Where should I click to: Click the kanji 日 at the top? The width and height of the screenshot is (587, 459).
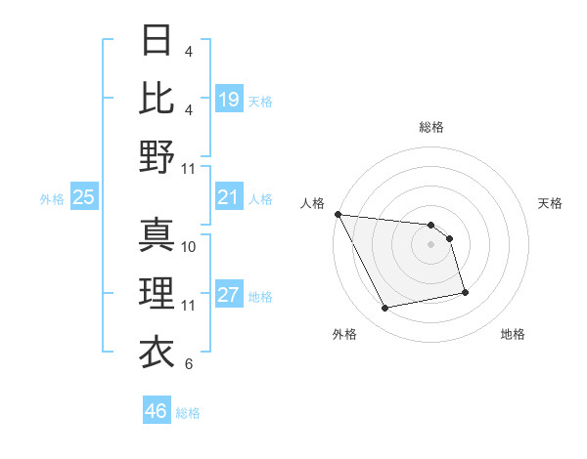click(x=157, y=40)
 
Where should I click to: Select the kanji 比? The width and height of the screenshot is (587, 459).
click(x=157, y=98)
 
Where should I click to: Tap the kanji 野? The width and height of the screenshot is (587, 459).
click(x=157, y=156)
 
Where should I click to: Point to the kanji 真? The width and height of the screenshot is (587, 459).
click(x=157, y=235)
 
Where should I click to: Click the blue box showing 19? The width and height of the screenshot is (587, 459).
click(x=228, y=99)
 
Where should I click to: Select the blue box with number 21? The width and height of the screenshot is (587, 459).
click(x=228, y=197)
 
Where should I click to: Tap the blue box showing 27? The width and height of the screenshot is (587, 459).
click(x=228, y=295)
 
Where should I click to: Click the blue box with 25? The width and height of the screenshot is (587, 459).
click(x=83, y=197)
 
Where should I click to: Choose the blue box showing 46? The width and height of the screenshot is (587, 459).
click(x=156, y=411)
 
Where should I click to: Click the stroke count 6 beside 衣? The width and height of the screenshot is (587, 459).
click(x=188, y=364)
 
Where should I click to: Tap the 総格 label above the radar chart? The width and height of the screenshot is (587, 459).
click(x=430, y=127)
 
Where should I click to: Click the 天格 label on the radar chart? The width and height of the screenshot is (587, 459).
click(x=550, y=203)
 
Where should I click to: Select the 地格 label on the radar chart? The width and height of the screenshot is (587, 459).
click(x=513, y=334)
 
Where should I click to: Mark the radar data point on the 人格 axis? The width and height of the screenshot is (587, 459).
click(x=338, y=214)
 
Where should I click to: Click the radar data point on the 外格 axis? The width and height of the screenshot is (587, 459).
click(x=385, y=309)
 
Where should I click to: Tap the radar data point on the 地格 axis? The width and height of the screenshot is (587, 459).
click(x=465, y=292)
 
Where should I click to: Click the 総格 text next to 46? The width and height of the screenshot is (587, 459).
click(x=188, y=413)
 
